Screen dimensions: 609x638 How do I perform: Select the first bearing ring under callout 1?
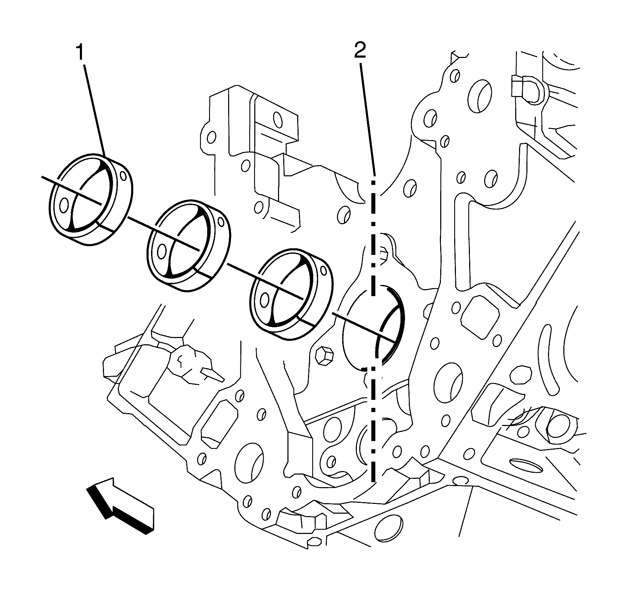90,199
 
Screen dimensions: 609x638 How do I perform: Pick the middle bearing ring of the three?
189,246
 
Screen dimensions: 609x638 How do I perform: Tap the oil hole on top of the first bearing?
123,175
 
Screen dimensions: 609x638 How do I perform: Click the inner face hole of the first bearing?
64,206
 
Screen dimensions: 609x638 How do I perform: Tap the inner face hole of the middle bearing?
162,251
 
